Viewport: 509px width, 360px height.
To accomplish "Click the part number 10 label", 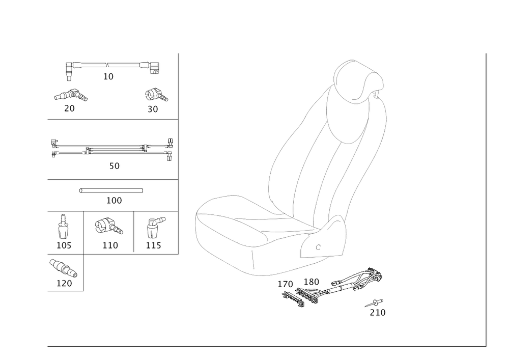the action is point(108,76).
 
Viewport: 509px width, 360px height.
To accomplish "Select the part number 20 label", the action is point(69,108).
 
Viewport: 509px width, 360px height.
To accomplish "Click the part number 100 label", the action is point(114,201).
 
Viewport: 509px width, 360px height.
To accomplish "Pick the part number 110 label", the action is point(110,245).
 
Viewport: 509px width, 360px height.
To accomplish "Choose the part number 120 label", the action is point(65,283).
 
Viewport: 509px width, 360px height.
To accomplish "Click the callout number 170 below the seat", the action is point(286,283).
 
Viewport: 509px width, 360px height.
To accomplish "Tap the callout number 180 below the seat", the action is point(310,282).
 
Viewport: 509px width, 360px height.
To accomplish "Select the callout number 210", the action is point(378,312).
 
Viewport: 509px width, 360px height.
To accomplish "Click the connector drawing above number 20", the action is point(71,95).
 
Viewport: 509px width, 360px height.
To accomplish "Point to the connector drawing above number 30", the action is point(156,94).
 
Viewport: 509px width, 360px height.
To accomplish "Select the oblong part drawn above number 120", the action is point(63,266).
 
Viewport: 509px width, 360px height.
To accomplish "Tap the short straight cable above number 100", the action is point(111,190).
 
